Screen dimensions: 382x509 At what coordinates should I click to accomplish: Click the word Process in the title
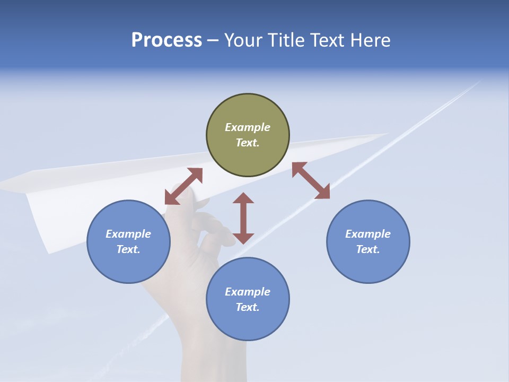click(166, 40)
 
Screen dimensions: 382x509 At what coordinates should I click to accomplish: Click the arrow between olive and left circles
click(183, 186)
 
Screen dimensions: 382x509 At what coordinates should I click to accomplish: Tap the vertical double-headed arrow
click(243, 218)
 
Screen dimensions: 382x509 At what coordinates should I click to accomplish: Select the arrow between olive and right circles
click(311, 181)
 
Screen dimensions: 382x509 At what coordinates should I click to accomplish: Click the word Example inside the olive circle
click(248, 127)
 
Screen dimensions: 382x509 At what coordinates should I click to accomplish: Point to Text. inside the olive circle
click(248, 143)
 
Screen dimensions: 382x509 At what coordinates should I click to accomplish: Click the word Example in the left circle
click(128, 234)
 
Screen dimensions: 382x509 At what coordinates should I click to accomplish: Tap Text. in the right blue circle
click(368, 249)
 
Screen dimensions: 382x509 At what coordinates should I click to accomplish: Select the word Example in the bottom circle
click(248, 292)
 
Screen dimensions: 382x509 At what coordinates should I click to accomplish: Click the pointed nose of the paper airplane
click(386, 134)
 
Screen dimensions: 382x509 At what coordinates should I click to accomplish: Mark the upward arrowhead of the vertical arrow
click(243, 198)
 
